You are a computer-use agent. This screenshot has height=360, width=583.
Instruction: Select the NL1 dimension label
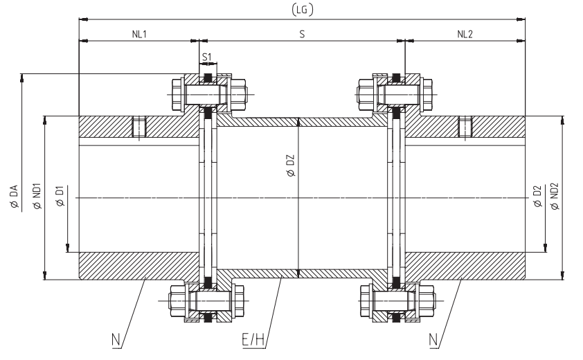[139, 33]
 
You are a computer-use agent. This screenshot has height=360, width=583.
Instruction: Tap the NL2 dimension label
[465, 33]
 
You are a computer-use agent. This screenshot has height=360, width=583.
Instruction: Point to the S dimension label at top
[302, 33]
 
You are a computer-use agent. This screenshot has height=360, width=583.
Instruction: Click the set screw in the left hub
[139, 128]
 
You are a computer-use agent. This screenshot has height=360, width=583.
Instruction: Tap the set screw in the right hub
[465, 128]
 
